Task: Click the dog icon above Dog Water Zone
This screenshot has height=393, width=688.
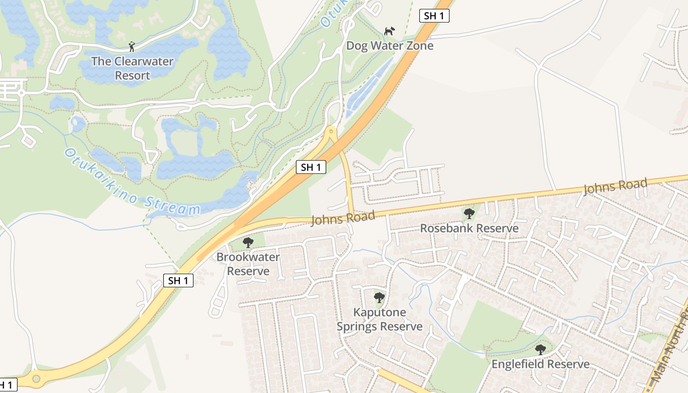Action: (389, 31)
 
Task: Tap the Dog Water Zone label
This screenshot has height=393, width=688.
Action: (390, 46)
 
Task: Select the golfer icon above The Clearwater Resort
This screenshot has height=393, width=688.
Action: (132, 47)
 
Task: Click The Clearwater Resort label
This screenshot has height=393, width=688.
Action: (132, 68)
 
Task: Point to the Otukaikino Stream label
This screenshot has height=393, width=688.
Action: (132, 182)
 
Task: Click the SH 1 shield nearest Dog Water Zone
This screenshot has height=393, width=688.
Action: (434, 16)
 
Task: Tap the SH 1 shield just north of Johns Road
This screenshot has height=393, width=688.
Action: (311, 167)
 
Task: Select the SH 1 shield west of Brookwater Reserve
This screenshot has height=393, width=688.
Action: (178, 281)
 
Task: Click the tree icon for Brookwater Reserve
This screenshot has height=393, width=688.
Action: (248, 242)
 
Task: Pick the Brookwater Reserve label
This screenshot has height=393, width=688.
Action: (248, 264)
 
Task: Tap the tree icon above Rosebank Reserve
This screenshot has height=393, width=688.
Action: (469, 214)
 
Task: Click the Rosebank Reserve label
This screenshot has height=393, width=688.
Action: (469, 228)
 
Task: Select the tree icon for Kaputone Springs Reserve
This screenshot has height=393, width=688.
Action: (379, 297)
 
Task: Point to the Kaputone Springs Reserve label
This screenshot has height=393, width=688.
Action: (379, 319)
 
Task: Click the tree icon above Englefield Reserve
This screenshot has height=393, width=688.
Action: (541, 350)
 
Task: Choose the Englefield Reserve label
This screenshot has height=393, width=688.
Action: (541, 364)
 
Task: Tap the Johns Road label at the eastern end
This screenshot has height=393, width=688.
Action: (615, 187)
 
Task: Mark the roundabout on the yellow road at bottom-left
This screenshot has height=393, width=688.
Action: (36, 379)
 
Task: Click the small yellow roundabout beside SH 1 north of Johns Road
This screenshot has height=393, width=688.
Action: (332, 131)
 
